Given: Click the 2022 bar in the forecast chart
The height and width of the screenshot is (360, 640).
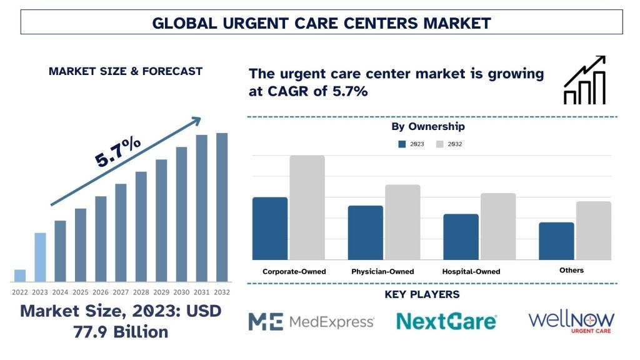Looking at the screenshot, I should (x=20, y=276).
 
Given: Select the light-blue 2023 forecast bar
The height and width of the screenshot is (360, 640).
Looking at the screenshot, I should (x=40, y=257).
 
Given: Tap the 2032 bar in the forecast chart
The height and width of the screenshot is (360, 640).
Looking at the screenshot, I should (x=222, y=207).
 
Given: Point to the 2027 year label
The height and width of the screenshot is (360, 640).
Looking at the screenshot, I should (x=121, y=292).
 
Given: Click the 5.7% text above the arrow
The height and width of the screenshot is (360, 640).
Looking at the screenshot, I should (x=118, y=152).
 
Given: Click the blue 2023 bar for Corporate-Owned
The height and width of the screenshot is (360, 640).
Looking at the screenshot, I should (x=270, y=228).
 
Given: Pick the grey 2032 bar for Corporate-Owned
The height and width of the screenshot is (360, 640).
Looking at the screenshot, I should (x=307, y=207).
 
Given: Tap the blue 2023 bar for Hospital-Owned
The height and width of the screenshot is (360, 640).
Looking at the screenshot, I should (x=461, y=237).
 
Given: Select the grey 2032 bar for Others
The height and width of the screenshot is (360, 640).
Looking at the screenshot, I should (x=593, y=230).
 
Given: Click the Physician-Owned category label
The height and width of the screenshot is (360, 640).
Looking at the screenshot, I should (x=382, y=271).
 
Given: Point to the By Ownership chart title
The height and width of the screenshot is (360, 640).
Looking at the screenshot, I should (x=428, y=127).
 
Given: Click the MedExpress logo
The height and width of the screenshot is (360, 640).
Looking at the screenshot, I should (x=311, y=321).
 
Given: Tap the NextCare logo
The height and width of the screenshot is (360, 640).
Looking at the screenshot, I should (x=446, y=321).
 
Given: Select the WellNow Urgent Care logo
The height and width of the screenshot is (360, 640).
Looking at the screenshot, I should (x=571, y=321).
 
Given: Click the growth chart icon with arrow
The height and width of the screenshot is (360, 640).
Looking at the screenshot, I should (x=584, y=80).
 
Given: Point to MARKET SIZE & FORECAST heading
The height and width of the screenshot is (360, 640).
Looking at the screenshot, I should (x=125, y=71).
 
